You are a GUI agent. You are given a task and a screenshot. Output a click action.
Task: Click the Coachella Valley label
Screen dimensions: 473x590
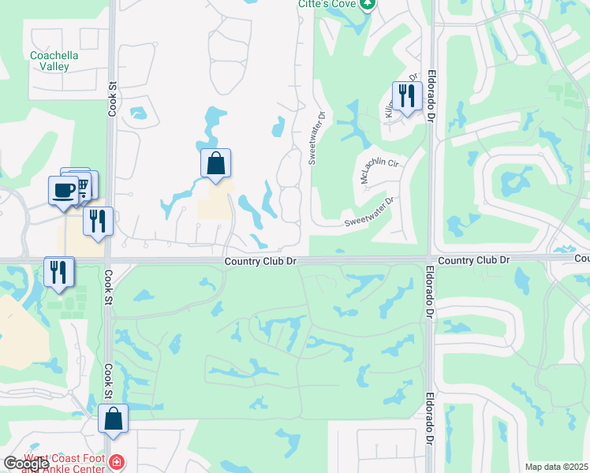pos(50,61)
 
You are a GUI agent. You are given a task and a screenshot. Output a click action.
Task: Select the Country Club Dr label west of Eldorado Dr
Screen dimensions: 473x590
pos(260,261)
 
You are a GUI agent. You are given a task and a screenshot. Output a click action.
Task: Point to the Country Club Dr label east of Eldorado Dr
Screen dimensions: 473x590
pos(473,259)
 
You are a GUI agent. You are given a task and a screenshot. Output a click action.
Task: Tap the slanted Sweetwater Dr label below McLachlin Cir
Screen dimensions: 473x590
pos(368,212)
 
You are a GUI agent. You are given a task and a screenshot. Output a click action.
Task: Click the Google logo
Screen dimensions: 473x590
pos(26,464)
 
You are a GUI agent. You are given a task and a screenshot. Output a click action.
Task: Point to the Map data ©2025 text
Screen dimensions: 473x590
pos(555,467)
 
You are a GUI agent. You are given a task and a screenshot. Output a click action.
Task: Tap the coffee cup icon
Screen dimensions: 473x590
pos(63,189)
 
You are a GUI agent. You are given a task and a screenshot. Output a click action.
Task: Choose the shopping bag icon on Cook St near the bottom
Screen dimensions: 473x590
pos(114,419)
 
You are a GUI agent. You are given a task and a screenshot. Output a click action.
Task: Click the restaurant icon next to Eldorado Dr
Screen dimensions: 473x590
pos(407,96)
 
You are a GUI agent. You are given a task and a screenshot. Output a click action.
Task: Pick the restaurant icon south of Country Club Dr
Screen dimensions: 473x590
pos(59,272)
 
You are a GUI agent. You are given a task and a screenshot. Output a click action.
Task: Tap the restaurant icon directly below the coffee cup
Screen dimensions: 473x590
pos(98,221)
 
